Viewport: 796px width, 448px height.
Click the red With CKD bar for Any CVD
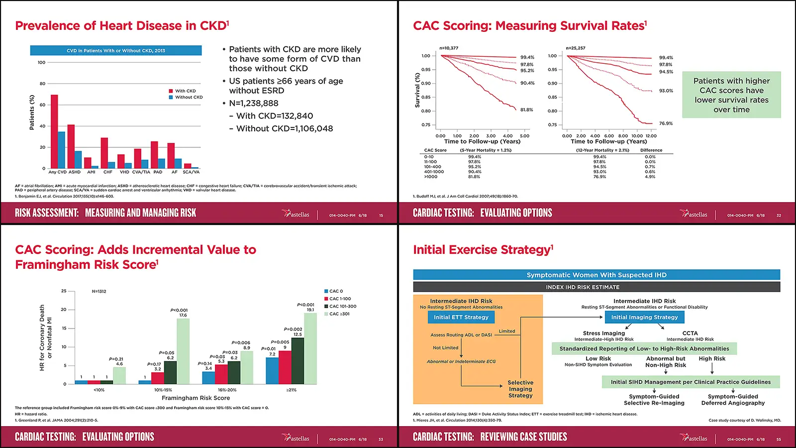click(x=54, y=132)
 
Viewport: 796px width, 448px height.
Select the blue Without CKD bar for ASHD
click(x=78, y=160)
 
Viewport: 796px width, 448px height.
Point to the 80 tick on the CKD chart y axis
click(x=42, y=84)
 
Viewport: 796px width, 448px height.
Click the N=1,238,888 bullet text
click(x=253, y=104)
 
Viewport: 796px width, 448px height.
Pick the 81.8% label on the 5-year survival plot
click(x=526, y=110)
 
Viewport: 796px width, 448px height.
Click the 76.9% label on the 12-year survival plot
click(x=666, y=123)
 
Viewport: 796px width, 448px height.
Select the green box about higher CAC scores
click(x=731, y=95)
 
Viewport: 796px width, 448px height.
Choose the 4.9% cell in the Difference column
click(x=650, y=177)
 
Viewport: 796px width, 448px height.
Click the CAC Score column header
click(x=435, y=150)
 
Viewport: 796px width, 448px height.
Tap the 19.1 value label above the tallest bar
click(x=310, y=310)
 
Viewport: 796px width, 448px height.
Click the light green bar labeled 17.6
click(x=183, y=351)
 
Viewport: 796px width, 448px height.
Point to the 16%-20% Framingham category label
click(x=227, y=390)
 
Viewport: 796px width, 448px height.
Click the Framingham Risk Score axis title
click(x=196, y=398)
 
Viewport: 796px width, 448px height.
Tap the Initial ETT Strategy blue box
click(x=461, y=317)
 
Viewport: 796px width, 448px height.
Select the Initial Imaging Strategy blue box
click(x=644, y=317)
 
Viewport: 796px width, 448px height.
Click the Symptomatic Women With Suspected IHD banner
click(x=596, y=275)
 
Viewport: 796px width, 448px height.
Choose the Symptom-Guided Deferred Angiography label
click(x=733, y=400)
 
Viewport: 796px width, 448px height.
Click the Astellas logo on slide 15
click(x=297, y=214)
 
